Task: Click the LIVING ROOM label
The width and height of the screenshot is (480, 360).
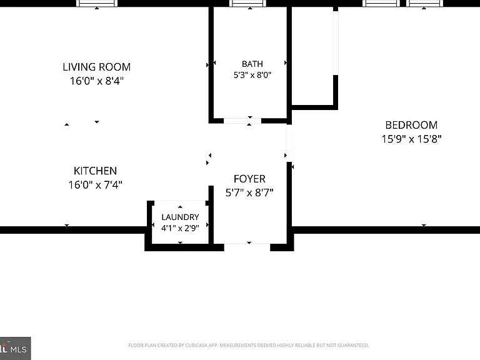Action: [97, 67]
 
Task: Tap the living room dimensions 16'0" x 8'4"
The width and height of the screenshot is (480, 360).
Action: [97, 81]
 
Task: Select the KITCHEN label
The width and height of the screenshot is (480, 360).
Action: [95, 171]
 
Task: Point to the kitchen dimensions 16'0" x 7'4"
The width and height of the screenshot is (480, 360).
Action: [95, 185]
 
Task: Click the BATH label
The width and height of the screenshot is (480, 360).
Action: [252, 64]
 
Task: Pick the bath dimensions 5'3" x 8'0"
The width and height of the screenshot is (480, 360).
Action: [252, 75]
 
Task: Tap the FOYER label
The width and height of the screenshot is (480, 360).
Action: [249, 179]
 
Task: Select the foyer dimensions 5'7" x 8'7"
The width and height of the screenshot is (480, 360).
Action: [249, 193]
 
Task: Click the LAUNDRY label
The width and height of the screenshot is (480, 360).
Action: [180, 217]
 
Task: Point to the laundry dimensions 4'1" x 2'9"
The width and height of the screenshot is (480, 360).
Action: [180, 228]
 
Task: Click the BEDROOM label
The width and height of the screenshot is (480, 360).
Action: [411, 125]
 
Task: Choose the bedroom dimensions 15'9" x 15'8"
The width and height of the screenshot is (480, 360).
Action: [411, 139]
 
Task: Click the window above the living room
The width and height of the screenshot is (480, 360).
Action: [97, 3]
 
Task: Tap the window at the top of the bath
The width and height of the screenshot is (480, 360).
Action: [247, 3]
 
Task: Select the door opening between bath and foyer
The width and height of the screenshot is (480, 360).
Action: [242, 121]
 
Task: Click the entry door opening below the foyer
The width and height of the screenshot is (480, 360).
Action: [247, 247]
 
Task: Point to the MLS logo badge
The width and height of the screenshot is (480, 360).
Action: [15, 348]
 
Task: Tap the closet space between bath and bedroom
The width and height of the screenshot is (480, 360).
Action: [312, 56]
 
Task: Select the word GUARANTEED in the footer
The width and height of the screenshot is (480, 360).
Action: [353, 345]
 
